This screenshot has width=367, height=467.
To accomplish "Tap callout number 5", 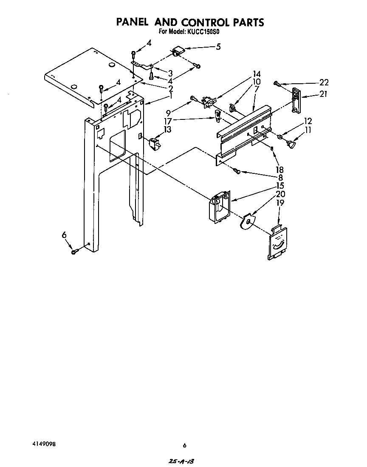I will pyautogui.click(x=218, y=47).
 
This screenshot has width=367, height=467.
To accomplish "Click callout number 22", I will pyautogui.click(x=324, y=83).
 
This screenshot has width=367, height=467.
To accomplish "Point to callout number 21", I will pyautogui.click(x=324, y=94).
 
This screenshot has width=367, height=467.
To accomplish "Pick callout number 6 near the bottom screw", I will pyautogui.click(x=64, y=234).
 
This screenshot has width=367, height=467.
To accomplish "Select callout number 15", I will pyautogui.click(x=280, y=186).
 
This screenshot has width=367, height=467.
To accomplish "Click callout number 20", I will pyautogui.click(x=280, y=194).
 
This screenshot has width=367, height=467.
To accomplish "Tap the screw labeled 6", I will pyautogui.click(x=75, y=252).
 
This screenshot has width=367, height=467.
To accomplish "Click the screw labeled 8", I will pyautogui.click(x=237, y=171).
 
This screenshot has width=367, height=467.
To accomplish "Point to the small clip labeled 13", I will pyautogui.click(x=154, y=143).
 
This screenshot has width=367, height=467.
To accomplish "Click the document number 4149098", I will pyautogui.click(x=44, y=444).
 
